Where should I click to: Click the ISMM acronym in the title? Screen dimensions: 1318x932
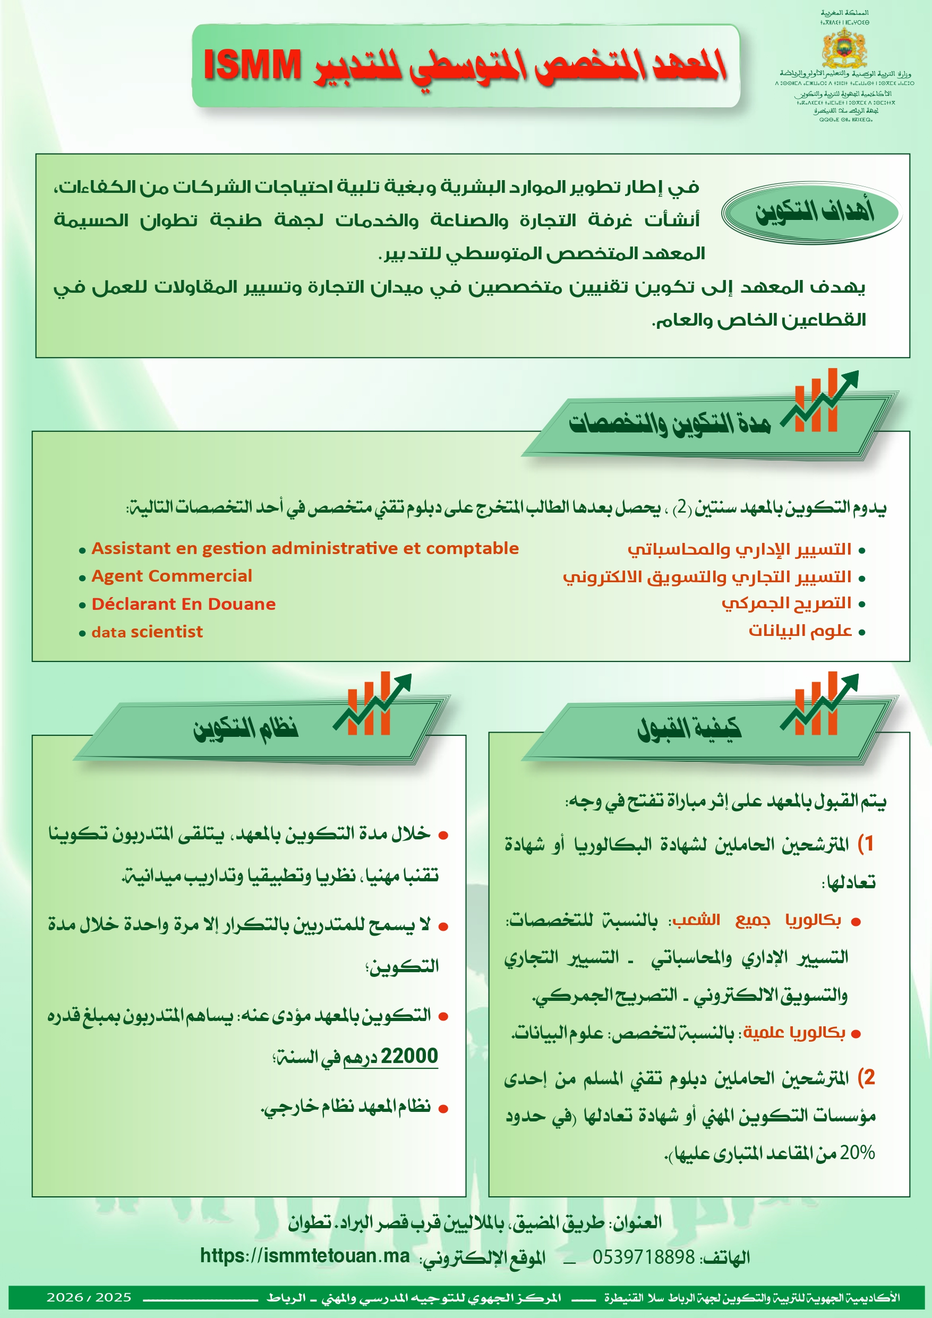coord(252,65)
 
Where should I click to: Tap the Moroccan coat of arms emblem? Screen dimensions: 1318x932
coord(844,48)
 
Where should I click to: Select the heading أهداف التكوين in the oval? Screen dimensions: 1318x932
coord(814,213)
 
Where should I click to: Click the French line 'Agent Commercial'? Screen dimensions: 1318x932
coord(172,576)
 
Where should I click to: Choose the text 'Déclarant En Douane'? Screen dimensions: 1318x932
coord(184,604)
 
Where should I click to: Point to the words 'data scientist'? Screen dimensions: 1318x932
coord(147,632)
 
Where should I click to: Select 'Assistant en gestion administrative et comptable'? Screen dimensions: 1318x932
coord(305,548)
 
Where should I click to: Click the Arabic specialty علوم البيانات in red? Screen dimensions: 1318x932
coord(799,631)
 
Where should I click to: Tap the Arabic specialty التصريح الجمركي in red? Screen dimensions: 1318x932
coord(786,603)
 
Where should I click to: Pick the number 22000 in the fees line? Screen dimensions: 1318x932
coord(409,1055)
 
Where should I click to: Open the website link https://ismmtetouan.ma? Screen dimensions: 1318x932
coord(305,1255)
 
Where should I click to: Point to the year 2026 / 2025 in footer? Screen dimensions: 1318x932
coord(89,1297)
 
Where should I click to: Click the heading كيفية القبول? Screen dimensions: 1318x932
coord(689,728)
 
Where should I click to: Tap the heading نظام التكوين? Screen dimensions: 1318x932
coord(246,728)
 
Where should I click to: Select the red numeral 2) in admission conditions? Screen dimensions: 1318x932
coord(866,1077)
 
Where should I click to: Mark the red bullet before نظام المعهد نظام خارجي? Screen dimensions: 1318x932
coord(442,1109)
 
